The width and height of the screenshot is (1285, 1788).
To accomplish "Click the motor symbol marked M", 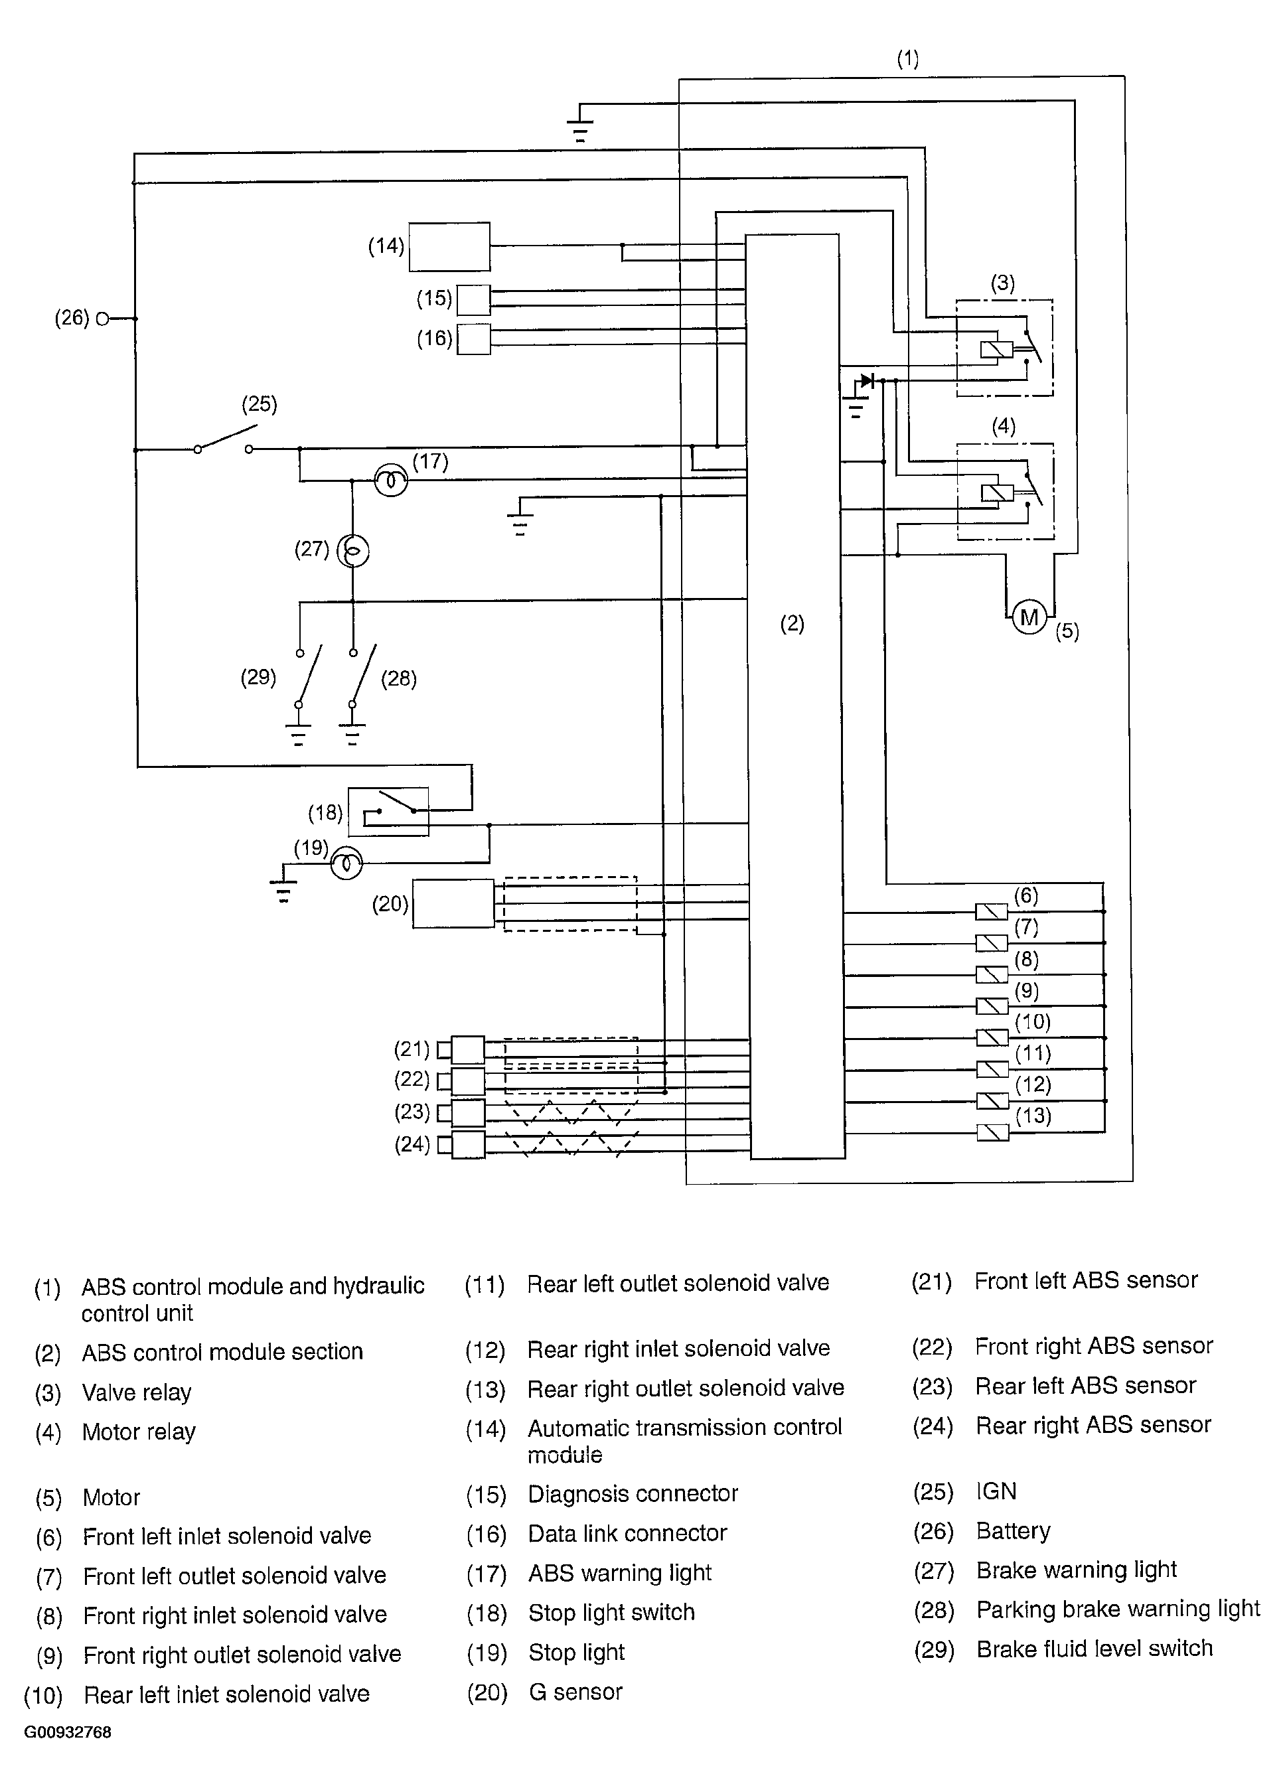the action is [1029, 617].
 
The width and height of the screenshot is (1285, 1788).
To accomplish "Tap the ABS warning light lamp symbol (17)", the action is [391, 479].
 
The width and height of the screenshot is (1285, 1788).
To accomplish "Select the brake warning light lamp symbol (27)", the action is [352, 551].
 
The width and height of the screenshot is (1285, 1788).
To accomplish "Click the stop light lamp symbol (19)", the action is [346, 864].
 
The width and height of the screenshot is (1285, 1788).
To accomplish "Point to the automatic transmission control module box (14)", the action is [449, 248].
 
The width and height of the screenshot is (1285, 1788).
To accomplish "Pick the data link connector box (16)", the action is [474, 339].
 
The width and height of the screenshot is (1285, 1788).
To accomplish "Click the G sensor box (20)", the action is [453, 903].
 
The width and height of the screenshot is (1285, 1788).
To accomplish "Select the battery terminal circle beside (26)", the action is [102, 319].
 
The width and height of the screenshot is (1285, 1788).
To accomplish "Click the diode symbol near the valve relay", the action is [868, 381].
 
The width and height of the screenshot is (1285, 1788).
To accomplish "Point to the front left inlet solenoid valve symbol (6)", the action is [992, 911].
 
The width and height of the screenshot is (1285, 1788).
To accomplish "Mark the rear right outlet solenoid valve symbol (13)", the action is [992, 1133].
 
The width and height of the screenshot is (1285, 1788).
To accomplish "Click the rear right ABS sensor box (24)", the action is [469, 1145].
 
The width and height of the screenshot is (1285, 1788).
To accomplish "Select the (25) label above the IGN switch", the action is [260, 404].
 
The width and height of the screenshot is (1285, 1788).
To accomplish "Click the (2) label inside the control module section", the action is [793, 624].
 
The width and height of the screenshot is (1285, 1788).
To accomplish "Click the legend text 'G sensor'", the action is [575, 1691].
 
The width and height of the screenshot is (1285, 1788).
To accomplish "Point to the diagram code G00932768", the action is [68, 1732].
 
